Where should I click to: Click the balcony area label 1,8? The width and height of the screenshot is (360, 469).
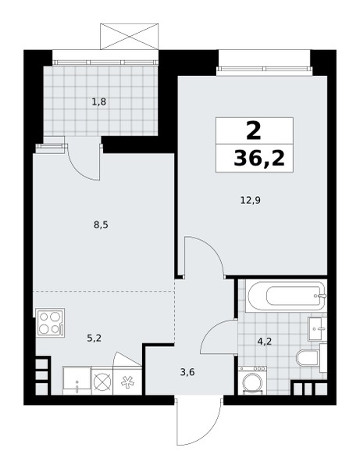tap(99, 102)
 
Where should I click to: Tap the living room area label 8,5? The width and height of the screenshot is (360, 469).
tap(101, 225)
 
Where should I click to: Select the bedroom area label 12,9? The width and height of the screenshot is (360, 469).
tap(251, 200)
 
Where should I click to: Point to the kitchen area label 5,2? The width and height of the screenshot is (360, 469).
tap(94, 338)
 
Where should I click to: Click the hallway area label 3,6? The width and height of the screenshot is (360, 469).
tap(188, 372)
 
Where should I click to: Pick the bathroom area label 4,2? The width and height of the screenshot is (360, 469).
tap(265, 341)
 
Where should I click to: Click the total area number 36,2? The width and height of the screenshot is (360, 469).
tap(259, 159)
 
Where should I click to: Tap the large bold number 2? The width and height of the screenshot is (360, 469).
tap(254, 131)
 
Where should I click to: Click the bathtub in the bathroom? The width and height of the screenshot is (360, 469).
tap(286, 296)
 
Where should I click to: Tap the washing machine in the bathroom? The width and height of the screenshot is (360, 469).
tap(253, 380)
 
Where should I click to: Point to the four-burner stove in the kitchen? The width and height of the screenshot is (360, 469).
tap(50, 323)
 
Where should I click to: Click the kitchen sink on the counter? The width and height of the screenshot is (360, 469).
tap(77, 381)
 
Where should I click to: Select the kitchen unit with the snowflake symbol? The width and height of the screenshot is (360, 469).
tap(127, 381)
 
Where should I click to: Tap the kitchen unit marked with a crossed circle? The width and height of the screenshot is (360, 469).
tap(102, 381)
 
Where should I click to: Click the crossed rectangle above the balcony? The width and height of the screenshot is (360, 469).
tap(129, 37)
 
